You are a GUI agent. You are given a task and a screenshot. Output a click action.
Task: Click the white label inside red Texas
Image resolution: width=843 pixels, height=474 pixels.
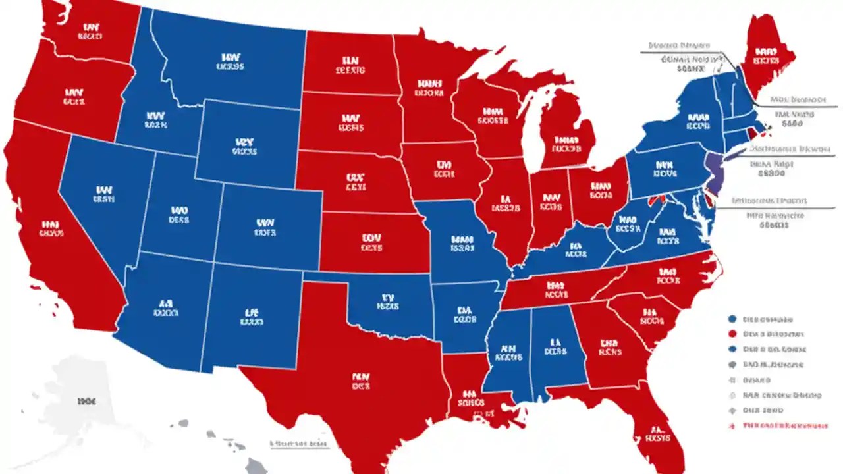tap(360, 382)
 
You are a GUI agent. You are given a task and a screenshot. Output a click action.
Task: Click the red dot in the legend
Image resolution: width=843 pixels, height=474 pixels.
tap(732, 334)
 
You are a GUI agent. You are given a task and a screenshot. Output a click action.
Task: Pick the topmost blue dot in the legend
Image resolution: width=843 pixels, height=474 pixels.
tap(732, 319)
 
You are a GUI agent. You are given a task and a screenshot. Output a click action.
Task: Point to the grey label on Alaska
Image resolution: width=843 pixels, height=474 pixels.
tap(86, 400)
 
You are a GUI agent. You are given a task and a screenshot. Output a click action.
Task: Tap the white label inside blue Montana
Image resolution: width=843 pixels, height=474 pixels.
tap(229, 61)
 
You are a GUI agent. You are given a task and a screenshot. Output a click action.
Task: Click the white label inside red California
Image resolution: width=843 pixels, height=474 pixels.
tap(51, 228)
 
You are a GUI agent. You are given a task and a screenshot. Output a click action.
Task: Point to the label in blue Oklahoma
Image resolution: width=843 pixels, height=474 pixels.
tap(387, 302)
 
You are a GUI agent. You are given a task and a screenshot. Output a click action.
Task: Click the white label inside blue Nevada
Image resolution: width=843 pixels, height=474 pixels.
tap(103, 193)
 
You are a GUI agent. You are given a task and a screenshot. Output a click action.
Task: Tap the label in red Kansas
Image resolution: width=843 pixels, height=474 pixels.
tap(371, 243)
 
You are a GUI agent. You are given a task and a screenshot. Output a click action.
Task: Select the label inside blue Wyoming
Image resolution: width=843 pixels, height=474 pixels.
tap(244, 146)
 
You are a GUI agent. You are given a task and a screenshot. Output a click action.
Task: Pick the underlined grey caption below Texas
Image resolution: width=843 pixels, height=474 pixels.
tap(299, 444)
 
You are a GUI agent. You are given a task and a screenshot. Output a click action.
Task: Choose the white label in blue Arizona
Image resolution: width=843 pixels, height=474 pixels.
tap(165, 309)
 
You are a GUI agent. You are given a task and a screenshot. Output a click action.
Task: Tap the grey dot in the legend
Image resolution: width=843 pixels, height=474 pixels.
tap(732, 365)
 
